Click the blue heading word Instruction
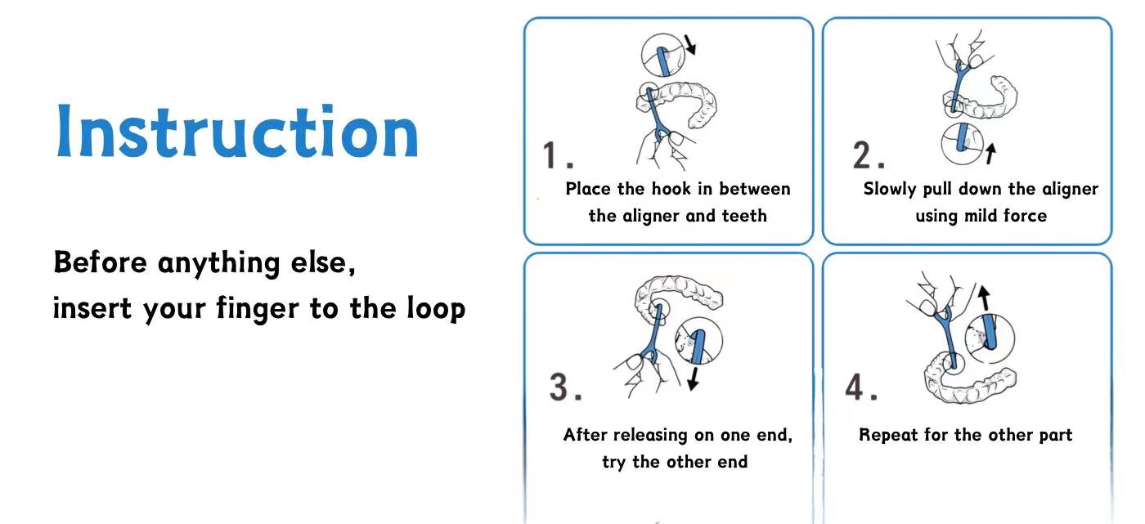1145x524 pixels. pos(238,131)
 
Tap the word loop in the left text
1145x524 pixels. pos(436,308)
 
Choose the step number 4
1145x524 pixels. pos(861,387)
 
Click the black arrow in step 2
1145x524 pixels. pos(990,154)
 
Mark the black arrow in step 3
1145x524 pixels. pos(694,378)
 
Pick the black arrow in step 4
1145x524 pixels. pos(984,298)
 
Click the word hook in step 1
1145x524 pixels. pos(671,189)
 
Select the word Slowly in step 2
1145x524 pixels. pos(890,190)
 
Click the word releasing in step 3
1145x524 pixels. pos(651,435)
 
